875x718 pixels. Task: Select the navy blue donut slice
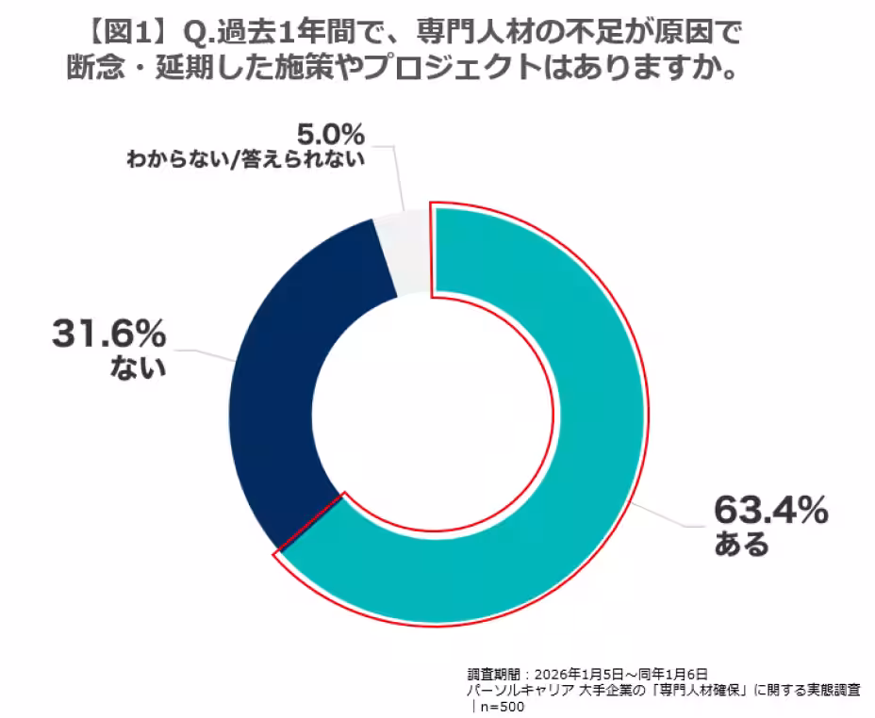point(283,377)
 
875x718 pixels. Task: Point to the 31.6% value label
point(107,335)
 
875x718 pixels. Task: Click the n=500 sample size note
point(500,707)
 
